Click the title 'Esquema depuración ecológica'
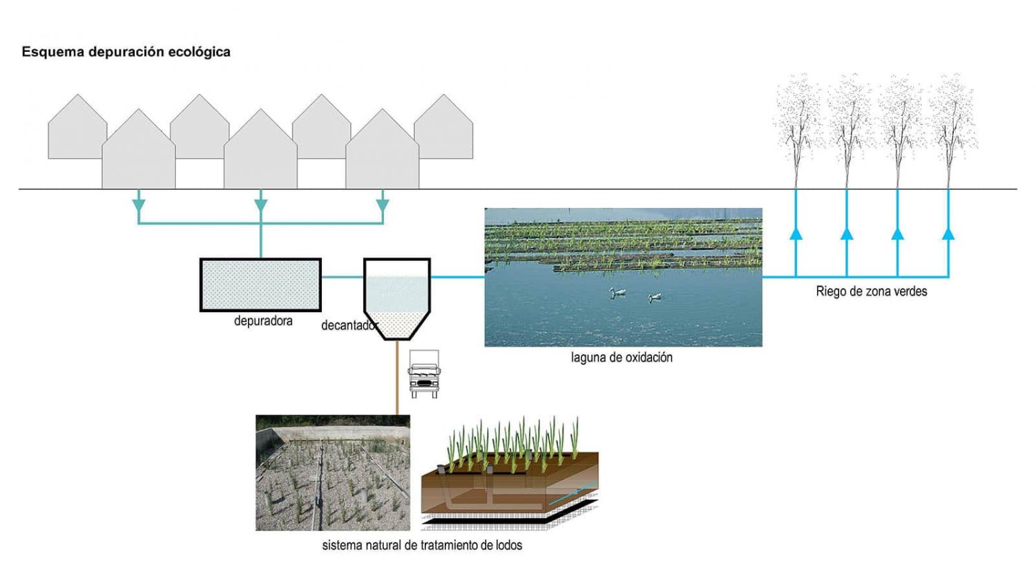pyautogui.click(x=126, y=52)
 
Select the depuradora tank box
pyautogui.click(x=260, y=285)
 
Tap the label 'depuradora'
pyautogui.click(x=263, y=321)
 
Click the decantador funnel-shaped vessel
pyautogui.click(x=397, y=297)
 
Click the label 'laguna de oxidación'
pyautogui.click(x=622, y=358)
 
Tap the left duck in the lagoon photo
pyautogui.click(x=617, y=293)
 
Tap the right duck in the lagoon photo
pyautogui.click(x=655, y=297)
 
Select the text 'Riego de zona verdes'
pyautogui.click(x=871, y=291)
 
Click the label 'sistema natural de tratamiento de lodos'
pyautogui.click(x=422, y=546)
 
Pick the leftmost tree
pyautogui.click(x=797, y=128)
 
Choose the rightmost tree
pyautogui.click(x=952, y=128)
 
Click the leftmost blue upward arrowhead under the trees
pyautogui.click(x=796, y=233)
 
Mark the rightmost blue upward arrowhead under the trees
pyautogui.click(x=948, y=233)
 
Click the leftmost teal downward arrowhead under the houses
pyautogui.click(x=139, y=205)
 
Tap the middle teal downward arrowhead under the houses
pyautogui.click(x=260, y=205)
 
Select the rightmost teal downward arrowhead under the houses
pyautogui.click(x=383, y=205)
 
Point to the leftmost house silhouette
pyautogui.click(x=77, y=131)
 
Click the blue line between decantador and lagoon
pyautogui.click(x=457, y=277)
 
